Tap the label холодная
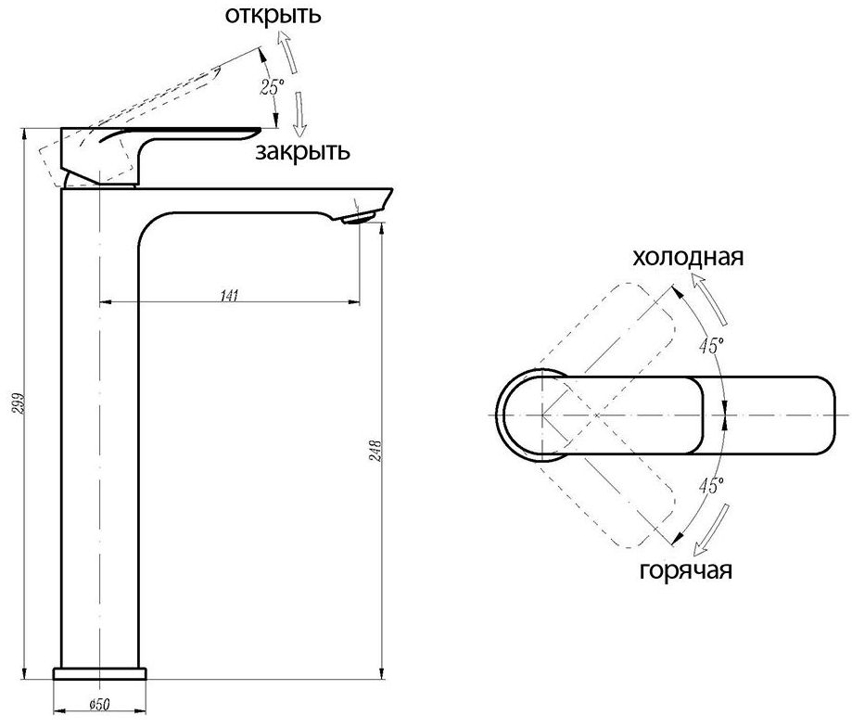tap(688, 257)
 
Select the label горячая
tap(686, 568)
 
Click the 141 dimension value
tap(230, 296)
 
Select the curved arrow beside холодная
tap(716, 295)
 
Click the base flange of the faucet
tap(100, 672)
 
